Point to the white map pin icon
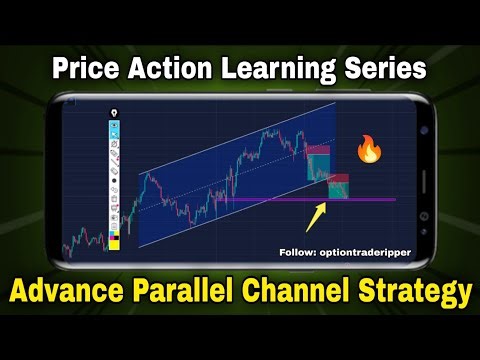(x=116, y=113)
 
